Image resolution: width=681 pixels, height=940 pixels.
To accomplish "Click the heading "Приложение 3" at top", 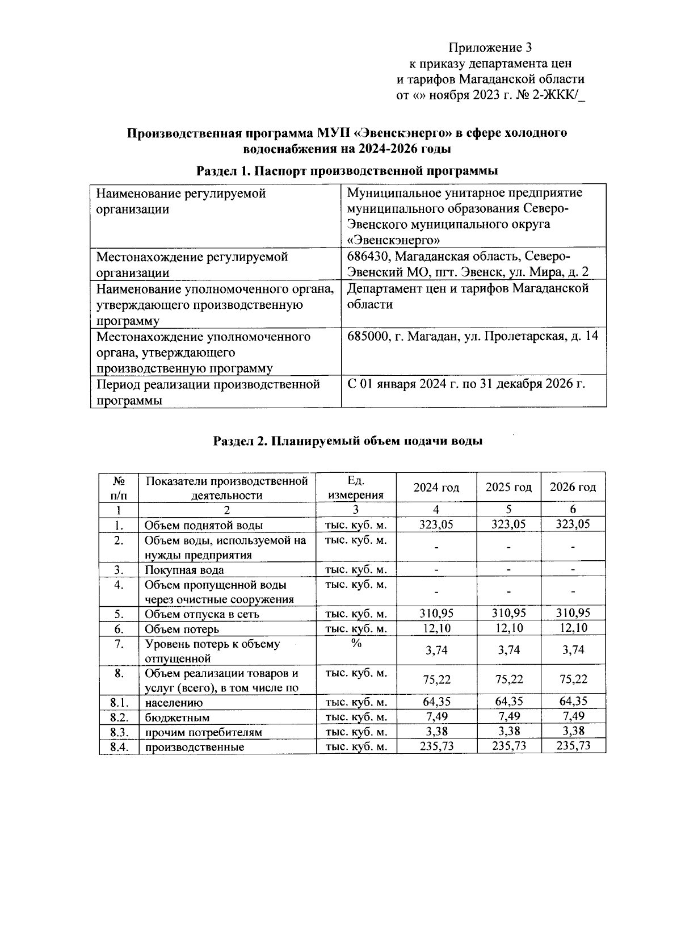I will pyautogui.click(x=490, y=47).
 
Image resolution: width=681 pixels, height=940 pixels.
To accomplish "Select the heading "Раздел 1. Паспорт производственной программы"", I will pyautogui.click(x=347, y=170).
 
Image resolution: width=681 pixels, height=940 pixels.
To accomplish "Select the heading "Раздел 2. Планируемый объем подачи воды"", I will pyautogui.click(x=347, y=441).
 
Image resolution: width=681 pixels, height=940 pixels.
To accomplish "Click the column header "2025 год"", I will pyautogui.click(x=508, y=488).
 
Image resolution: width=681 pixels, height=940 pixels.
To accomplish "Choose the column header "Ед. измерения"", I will pyautogui.click(x=356, y=488).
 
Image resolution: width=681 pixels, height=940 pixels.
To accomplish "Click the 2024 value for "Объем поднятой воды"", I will pyautogui.click(x=436, y=524).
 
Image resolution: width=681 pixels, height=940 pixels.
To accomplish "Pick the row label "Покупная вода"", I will pyautogui.click(x=184, y=570).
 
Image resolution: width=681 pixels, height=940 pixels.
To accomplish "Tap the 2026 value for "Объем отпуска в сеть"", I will pyautogui.click(x=573, y=613).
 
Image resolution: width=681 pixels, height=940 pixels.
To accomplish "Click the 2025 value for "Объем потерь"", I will pyautogui.click(x=508, y=628).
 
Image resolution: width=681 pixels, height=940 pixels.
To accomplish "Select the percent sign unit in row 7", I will pyautogui.click(x=356, y=643).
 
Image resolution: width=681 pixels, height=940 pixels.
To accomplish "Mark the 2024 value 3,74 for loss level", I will pyautogui.click(x=436, y=651).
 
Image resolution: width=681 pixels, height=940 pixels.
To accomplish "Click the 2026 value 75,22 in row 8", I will pyautogui.click(x=573, y=680).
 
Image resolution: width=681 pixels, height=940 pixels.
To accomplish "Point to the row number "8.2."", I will pyautogui.click(x=118, y=717).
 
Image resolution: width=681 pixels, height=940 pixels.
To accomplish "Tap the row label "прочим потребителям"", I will pyautogui.click(x=203, y=732).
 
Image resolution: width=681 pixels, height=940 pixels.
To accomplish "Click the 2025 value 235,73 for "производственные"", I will pyautogui.click(x=508, y=746).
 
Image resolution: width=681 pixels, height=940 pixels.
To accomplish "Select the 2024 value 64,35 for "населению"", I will pyautogui.click(x=436, y=702).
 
